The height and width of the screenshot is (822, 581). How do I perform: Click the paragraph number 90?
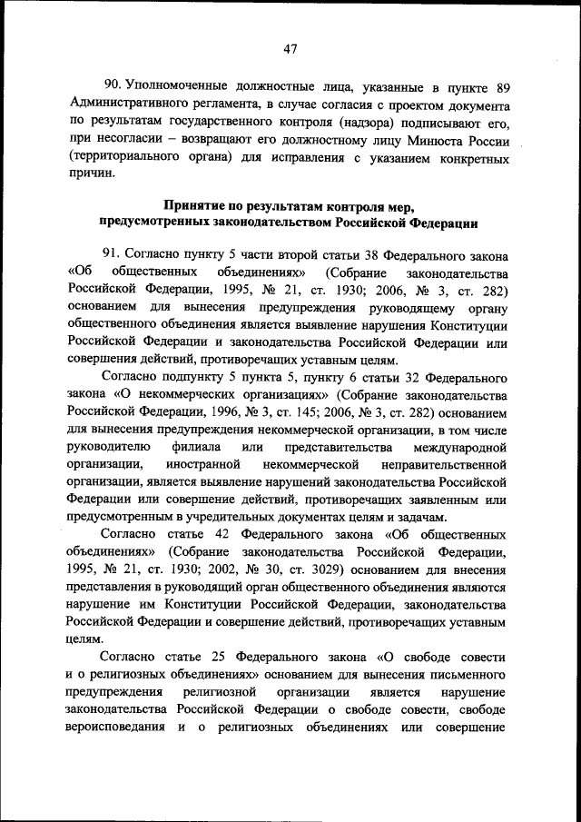(x=113, y=88)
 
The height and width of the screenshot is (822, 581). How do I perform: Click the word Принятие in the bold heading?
(x=200, y=206)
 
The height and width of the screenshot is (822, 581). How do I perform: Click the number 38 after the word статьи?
(x=368, y=256)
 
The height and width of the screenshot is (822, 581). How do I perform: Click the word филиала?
(x=193, y=448)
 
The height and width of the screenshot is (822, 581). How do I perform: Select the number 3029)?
(x=316, y=569)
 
